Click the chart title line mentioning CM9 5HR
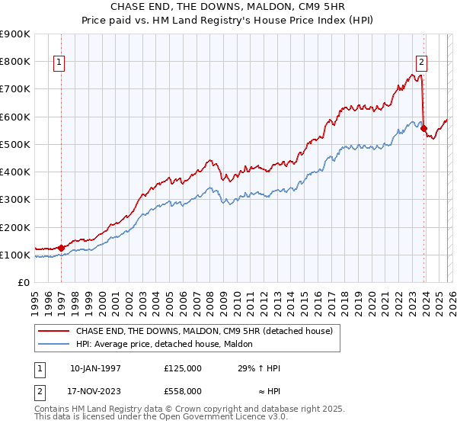tap(228, 8)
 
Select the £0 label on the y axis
tap(23, 283)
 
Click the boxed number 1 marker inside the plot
tap(59, 63)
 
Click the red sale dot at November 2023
tap(423, 128)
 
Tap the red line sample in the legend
tap(54, 332)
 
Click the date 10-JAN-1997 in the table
tap(95, 368)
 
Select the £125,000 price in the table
tap(183, 368)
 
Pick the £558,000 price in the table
tap(183, 390)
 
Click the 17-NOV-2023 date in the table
tap(95, 390)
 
